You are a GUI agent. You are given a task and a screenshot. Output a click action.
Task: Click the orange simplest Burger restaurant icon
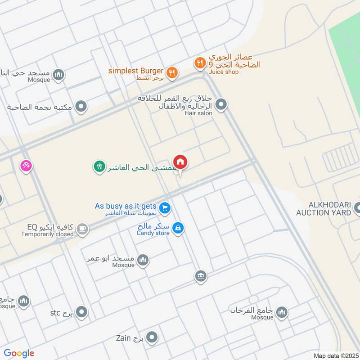tap(171, 72)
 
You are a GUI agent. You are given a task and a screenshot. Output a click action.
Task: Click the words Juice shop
tap(224, 72)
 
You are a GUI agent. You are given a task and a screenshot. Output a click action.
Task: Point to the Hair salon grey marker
tap(221, 105)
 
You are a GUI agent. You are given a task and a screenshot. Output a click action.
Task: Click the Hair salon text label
tap(198, 113)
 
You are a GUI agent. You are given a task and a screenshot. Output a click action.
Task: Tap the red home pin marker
tap(180, 162)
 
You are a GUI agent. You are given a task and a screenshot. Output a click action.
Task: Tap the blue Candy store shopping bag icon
tap(178, 228)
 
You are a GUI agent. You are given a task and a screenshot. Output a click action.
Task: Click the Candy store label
tap(153, 233)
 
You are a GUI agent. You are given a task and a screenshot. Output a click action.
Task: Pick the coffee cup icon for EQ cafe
tap(81, 229)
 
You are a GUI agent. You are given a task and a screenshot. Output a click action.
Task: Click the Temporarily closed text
tap(47, 234)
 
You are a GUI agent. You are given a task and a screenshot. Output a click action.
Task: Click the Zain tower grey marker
tap(153, 337)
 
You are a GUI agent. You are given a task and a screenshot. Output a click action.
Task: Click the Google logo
tap(19, 353)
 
